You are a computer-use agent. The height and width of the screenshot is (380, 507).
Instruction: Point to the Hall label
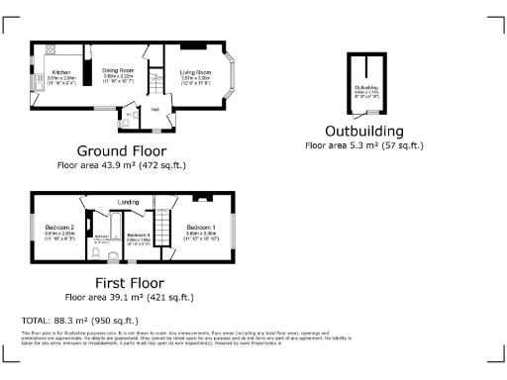[155, 109]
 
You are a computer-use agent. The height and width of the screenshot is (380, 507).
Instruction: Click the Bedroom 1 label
[201, 227]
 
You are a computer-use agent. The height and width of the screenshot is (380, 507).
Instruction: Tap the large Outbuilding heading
[363, 131]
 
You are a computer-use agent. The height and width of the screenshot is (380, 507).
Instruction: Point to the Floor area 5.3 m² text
[364, 144]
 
